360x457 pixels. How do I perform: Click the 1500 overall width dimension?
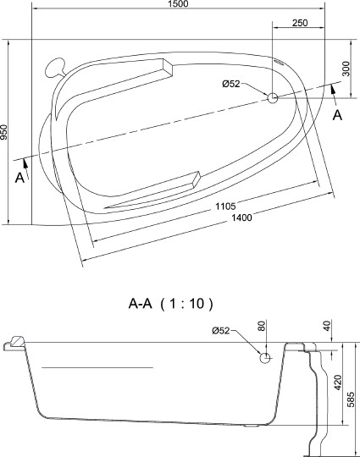(178, 5)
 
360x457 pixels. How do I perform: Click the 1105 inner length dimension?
(224, 206)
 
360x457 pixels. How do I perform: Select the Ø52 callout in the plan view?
(231, 83)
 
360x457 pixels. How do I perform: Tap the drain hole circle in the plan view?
(273, 98)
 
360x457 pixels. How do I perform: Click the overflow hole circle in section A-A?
(265, 358)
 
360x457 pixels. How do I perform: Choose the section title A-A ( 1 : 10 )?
(169, 303)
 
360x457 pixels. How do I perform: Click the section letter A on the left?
(19, 177)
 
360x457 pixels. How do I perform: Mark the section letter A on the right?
(337, 115)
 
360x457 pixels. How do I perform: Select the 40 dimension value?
(326, 326)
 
